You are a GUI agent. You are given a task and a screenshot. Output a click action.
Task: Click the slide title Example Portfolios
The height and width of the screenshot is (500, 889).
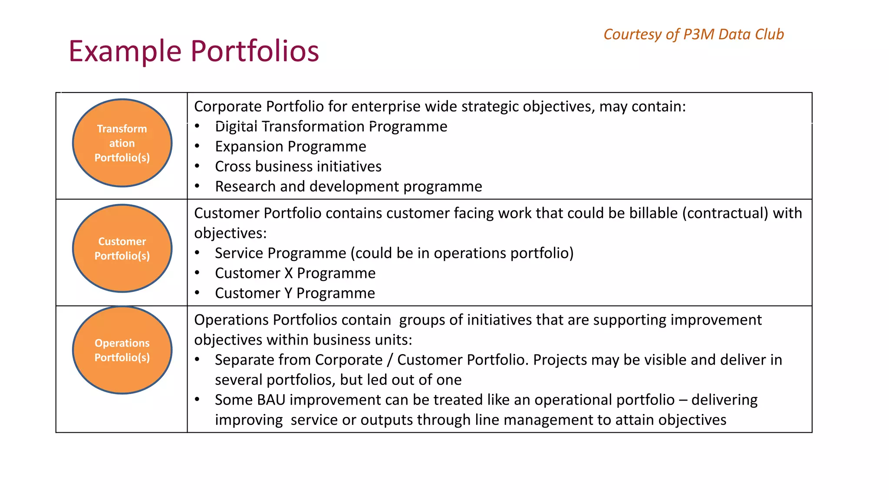pos(194,51)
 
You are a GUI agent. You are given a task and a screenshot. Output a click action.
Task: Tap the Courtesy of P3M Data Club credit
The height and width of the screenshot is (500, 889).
pos(693,34)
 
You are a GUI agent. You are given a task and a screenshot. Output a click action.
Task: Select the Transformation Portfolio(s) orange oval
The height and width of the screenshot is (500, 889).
pos(122,143)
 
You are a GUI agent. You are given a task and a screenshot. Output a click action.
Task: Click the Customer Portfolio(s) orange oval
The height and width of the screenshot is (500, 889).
pos(122,248)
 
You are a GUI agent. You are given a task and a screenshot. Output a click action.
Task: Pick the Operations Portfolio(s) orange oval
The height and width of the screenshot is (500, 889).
pos(122,350)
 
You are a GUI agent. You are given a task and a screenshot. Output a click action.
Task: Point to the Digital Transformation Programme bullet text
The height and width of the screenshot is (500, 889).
pos(331,127)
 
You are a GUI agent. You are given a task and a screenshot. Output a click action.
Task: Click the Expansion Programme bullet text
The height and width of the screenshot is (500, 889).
pos(290,147)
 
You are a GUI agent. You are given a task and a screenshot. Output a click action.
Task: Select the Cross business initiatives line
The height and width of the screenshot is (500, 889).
pos(298,167)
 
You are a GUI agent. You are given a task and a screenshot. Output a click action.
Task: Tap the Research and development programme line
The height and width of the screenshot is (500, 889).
pos(349,187)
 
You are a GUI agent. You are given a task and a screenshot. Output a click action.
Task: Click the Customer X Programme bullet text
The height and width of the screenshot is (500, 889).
pos(295,273)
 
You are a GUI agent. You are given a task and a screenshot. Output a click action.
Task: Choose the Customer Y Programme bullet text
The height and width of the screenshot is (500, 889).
pos(295,293)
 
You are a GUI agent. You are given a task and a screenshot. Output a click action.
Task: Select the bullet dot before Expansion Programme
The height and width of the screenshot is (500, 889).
pos(197,147)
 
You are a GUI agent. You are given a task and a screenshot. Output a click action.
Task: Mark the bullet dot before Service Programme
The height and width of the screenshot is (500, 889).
pos(197,253)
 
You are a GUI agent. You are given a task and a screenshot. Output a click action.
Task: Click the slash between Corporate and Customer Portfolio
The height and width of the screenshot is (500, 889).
pos(390,360)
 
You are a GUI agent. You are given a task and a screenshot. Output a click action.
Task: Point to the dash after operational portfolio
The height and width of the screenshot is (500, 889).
pos(683,400)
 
